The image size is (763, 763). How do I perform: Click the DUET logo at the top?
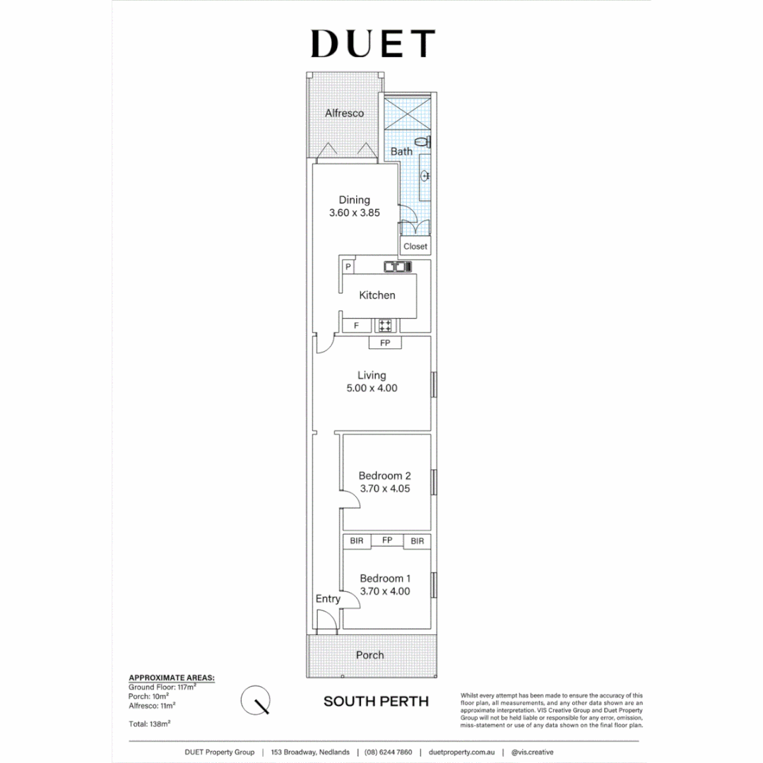372,44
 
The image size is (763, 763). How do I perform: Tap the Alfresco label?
344,113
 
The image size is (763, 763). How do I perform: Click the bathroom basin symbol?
425,176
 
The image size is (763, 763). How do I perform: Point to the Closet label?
415,247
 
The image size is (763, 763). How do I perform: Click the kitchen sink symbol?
396,267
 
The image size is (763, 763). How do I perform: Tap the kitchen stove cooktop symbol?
384,326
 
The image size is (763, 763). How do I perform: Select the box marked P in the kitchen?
348,267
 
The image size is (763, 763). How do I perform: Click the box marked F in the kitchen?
357,326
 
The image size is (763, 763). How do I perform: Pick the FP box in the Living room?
385,343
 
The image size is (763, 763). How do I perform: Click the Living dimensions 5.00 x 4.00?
372,388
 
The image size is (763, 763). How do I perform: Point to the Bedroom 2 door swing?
351,501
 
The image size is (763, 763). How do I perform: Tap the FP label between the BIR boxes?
387,540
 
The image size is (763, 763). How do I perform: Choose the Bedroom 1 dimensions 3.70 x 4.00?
384,591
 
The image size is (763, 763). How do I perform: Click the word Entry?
328,598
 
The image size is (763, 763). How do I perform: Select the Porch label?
369,655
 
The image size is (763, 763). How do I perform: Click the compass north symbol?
256,700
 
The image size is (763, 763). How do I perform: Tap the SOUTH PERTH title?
376,702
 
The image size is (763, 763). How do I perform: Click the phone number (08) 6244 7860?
389,752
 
